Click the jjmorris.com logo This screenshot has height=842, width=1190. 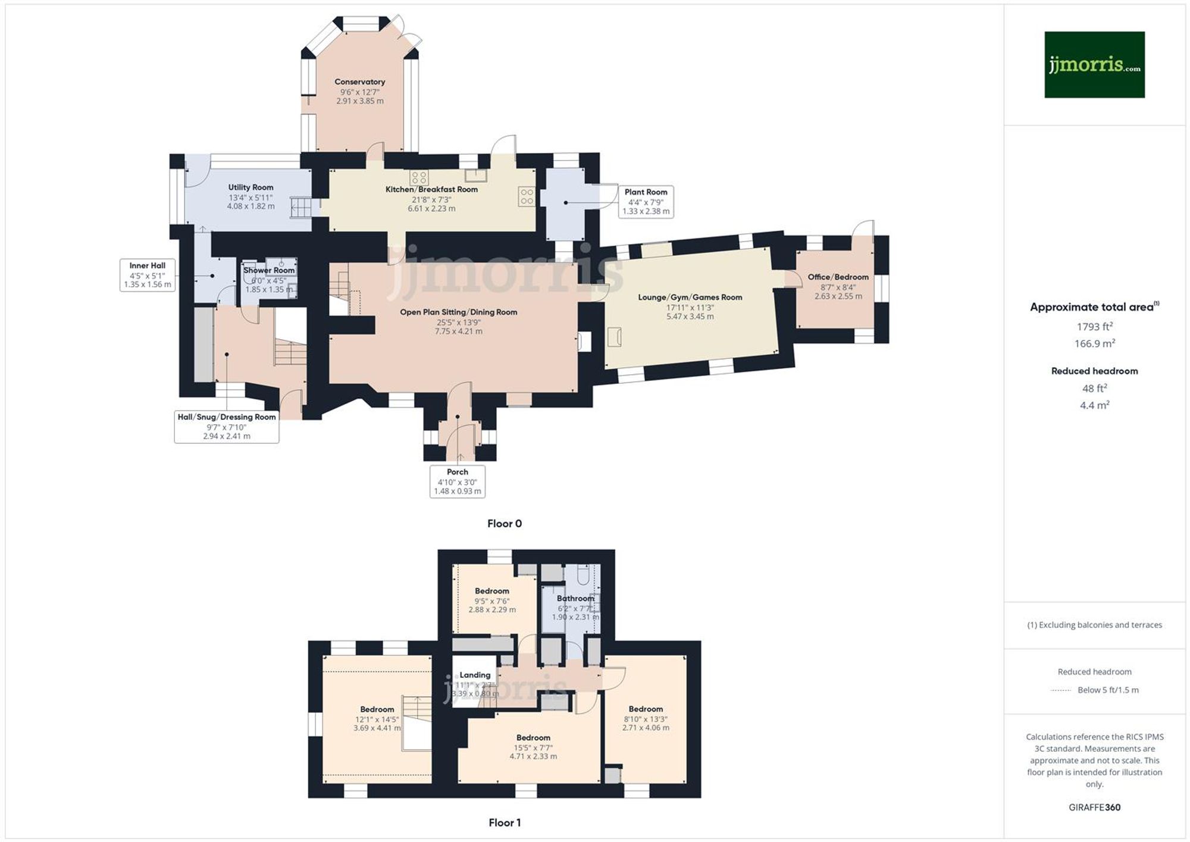1094,64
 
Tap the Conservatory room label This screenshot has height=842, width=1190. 359,82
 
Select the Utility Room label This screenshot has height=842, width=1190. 250,187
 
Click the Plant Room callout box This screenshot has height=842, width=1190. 646,201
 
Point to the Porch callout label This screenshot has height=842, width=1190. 457,481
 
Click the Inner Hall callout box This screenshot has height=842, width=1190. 147,275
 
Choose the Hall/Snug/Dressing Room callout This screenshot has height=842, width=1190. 227,426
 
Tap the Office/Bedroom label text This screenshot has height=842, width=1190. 838,277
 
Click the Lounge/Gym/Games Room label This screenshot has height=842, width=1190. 690,298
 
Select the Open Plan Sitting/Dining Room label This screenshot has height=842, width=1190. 458,312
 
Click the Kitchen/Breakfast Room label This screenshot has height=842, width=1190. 431,190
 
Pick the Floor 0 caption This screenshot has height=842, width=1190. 504,524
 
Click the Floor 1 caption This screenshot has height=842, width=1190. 504,822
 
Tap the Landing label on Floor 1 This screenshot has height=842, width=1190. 475,675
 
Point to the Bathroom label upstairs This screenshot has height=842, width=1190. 575,599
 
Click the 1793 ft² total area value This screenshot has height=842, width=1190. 1094,327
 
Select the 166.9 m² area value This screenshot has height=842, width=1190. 1094,343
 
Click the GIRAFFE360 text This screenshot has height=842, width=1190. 1094,807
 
